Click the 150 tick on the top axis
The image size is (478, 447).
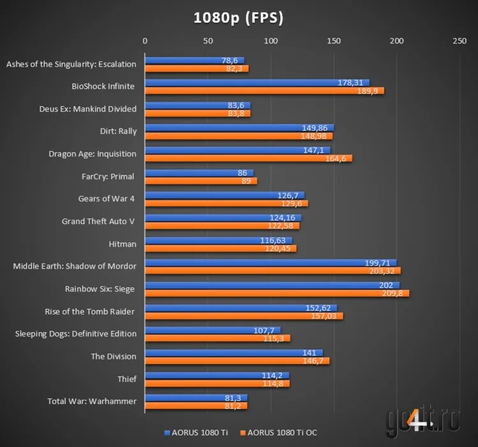pyautogui.click(x=334, y=41)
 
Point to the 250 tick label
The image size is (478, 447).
pyautogui.click(x=459, y=41)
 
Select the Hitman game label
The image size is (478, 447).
pyautogui.click(x=123, y=244)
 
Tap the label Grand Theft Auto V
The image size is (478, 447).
pyautogui.click(x=99, y=222)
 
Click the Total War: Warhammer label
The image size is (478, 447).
pyautogui.click(x=92, y=401)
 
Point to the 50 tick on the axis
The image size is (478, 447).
pyautogui.click(x=208, y=41)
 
